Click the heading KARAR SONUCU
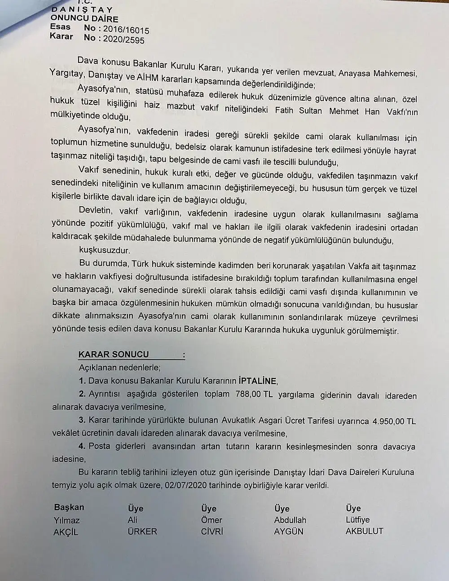pyautogui.click(x=114, y=355)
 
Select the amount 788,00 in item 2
pyautogui.click(x=248, y=395)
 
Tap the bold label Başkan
pyautogui.click(x=69, y=507)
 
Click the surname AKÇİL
pyautogui.click(x=66, y=532)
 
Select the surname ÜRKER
pyautogui.click(x=142, y=532)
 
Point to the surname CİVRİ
pyautogui.click(x=212, y=532)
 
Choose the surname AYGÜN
pyautogui.click(x=289, y=532)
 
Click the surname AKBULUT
pyautogui.click(x=364, y=531)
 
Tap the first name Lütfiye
pyautogui.click(x=357, y=520)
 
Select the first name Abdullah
pyautogui.click(x=290, y=520)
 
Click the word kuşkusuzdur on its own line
pyautogui.click(x=105, y=250)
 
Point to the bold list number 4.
pyautogui.click(x=82, y=446)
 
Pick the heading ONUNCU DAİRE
pyautogui.click(x=84, y=19)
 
